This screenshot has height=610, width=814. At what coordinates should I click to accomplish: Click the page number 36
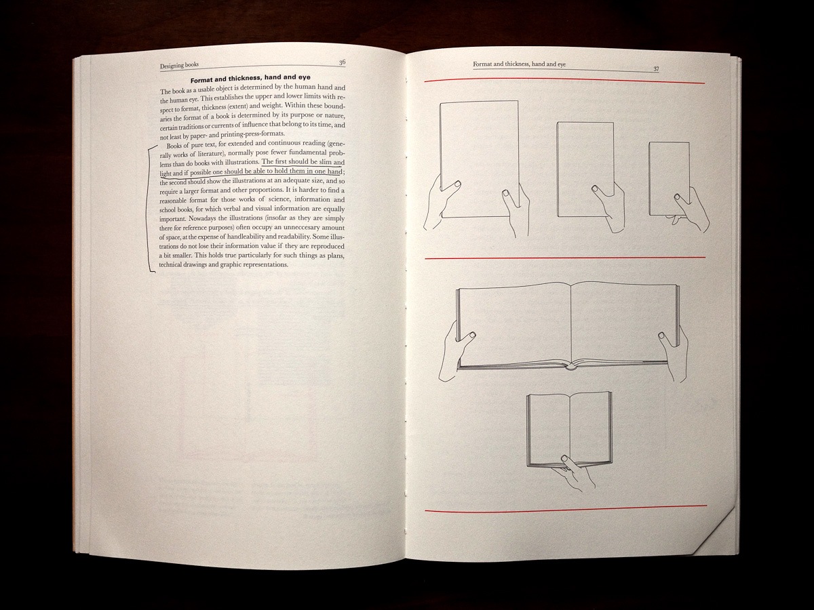342,62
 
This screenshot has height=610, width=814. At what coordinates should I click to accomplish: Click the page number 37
656,69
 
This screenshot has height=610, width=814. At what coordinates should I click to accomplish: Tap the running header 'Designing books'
179,66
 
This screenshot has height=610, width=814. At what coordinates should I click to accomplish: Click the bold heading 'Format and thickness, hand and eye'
250,79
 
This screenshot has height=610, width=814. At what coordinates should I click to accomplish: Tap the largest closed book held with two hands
478,159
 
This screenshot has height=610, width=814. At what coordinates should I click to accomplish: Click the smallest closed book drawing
669,178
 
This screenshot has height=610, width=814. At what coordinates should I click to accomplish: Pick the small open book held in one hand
569,429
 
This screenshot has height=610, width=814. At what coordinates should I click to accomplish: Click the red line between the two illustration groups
565,258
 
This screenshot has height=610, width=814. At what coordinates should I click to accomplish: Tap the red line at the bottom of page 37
566,508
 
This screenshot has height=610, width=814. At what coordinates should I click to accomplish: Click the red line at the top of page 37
564,81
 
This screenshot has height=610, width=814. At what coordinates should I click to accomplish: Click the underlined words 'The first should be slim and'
303,162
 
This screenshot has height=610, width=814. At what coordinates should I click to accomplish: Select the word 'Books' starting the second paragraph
174,146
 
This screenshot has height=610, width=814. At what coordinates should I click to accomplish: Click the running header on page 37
519,64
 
